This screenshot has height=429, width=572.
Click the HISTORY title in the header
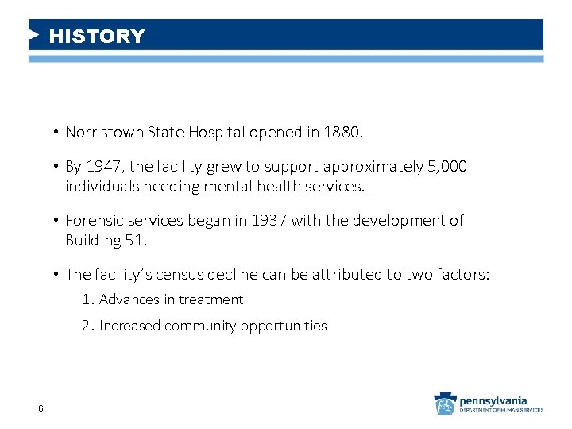point(97,37)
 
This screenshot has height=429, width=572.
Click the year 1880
point(343,133)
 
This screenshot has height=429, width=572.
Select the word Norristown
point(102,133)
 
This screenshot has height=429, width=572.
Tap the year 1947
point(102,167)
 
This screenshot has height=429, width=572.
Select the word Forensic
point(92,220)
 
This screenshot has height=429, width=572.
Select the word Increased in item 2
point(129,326)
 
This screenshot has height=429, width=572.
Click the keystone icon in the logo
point(444,404)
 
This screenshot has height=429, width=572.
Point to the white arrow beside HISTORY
point(33,35)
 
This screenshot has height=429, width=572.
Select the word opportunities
point(286,326)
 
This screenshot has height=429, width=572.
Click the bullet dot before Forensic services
point(57,221)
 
